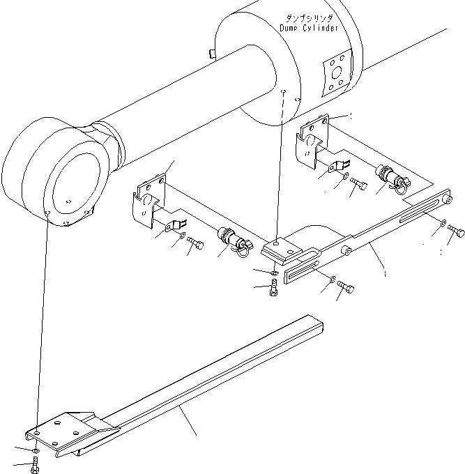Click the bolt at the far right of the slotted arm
pos(457,233)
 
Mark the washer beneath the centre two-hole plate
pos(274,272)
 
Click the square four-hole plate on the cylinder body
pos(337,73)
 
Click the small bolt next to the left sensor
pos(197,244)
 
